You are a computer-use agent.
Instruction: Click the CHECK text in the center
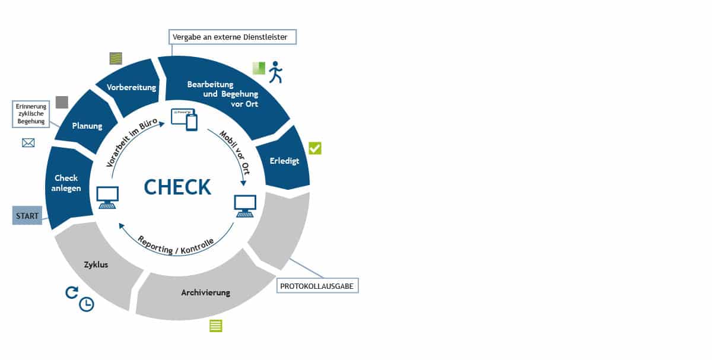(x=177, y=187)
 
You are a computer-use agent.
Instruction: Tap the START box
(x=26, y=215)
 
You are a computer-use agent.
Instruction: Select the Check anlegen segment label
(x=66, y=183)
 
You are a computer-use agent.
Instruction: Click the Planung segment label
(x=87, y=126)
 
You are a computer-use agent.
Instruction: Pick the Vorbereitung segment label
(x=131, y=87)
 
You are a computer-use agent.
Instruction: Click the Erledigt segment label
(x=285, y=160)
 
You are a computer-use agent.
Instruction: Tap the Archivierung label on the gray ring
(x=205, y=292)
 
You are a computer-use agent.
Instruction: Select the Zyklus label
(x=96, y=265)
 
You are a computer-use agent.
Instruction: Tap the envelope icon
(x=28, y=142)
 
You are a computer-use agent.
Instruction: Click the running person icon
(x=275, y=72)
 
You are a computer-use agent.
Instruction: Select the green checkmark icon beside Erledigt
(x=314, y=148)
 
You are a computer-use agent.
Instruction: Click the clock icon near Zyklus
(x=87, y=304)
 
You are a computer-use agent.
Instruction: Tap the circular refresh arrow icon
(x=72, y=292)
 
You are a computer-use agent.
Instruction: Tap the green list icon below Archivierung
(x=215, y=326)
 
